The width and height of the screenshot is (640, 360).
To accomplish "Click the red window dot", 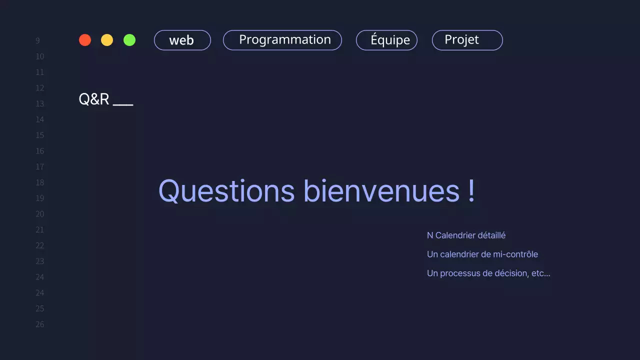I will [x=85, y=40].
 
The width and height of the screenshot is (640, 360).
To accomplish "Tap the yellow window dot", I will [x=107, y=40].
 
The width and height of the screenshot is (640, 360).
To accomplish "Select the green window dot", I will [x=129, y=40].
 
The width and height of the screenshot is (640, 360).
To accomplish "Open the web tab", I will [x=182, y=40].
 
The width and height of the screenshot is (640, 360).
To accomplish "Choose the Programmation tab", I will [x=282, y=40].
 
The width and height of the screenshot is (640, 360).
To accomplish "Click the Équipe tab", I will [x=386, y=40].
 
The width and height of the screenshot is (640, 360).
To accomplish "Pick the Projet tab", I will [x=467, y=40].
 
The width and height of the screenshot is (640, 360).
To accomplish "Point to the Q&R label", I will [x=94, y=99].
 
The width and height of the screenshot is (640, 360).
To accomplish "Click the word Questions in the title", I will [x=226, y=191].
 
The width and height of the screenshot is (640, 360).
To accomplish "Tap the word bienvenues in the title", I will [x=381, y=191].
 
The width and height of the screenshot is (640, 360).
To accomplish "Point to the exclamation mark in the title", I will [x=472, y=191].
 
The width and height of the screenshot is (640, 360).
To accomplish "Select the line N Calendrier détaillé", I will [x=466, y=235].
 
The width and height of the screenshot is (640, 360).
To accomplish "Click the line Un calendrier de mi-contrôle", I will [x=482, y=254].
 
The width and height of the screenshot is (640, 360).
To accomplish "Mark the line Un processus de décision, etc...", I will [x=488, y=273].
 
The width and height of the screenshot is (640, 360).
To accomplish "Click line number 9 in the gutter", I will [x=38, y=41].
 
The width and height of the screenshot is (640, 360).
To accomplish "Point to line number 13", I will [x=39, y=104].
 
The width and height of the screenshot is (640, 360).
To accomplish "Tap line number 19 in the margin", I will [x=39, y=198].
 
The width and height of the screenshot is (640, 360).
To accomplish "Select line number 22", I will [x=39, y=245].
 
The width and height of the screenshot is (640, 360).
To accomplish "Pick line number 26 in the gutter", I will [x=39, y=324].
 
